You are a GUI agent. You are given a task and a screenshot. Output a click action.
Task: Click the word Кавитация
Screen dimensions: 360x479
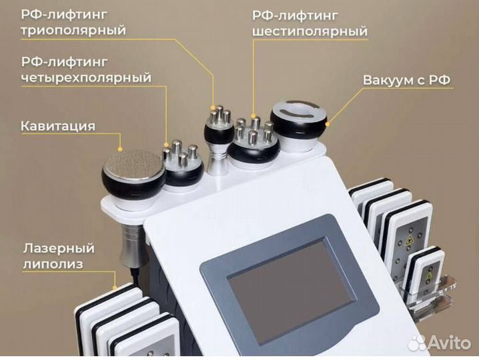(x=58, y=126)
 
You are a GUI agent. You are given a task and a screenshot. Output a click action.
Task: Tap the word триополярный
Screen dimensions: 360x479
(x=73, y=30)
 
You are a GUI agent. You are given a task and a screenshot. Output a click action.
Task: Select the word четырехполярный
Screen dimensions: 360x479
(x=86, y=78)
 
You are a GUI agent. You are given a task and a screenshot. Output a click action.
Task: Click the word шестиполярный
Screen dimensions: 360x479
(x=310, y=31)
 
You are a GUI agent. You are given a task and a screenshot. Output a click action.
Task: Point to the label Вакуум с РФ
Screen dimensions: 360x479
(x=407, y=81)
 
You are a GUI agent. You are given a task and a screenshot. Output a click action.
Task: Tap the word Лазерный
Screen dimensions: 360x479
(x=58, y=249)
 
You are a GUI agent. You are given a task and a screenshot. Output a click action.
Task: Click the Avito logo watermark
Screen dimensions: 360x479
(x=440, y=343)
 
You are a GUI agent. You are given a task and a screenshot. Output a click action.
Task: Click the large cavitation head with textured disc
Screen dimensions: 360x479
(x=133, y=170)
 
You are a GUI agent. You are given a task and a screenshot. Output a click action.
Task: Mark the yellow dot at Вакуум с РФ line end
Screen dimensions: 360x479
(x=329, y=121)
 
